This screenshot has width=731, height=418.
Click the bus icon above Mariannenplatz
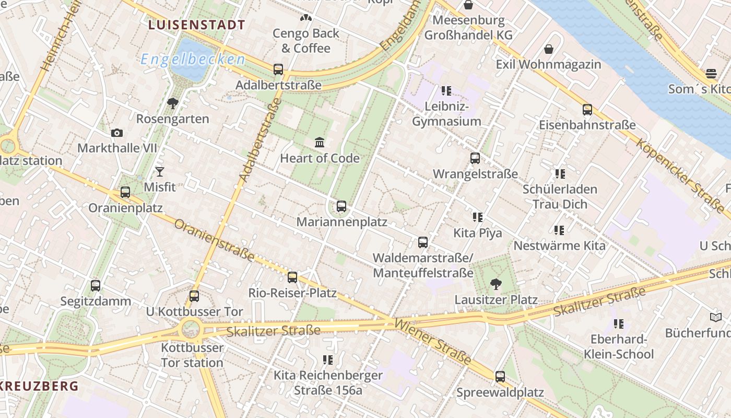pos(341,206)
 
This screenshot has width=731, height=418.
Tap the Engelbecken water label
pos(193,59)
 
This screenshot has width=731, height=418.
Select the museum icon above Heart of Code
pos(320,142)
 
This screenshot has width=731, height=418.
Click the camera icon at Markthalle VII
pos(117,133)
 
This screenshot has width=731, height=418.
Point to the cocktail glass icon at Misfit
pos(160,172)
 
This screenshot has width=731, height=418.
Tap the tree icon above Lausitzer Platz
pos(496,284)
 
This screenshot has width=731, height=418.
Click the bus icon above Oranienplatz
pos(125,192)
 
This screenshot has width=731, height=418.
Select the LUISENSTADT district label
pos(197,25)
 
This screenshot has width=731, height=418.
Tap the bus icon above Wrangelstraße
pos(475,158)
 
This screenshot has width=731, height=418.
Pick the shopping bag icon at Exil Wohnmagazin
pos(549,49)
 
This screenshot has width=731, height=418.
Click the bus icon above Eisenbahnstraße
pos(587,110)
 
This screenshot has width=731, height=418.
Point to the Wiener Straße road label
pos(433,341)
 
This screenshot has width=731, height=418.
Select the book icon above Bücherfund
pos(715,317)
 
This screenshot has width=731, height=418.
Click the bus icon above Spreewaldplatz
pos(500,377)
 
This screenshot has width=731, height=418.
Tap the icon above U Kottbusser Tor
pos(194,296)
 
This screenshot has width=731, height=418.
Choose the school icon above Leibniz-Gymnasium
pos(446,91)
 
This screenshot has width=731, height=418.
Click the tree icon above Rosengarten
pos(172,103)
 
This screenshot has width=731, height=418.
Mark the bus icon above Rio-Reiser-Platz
pos(292,277)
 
